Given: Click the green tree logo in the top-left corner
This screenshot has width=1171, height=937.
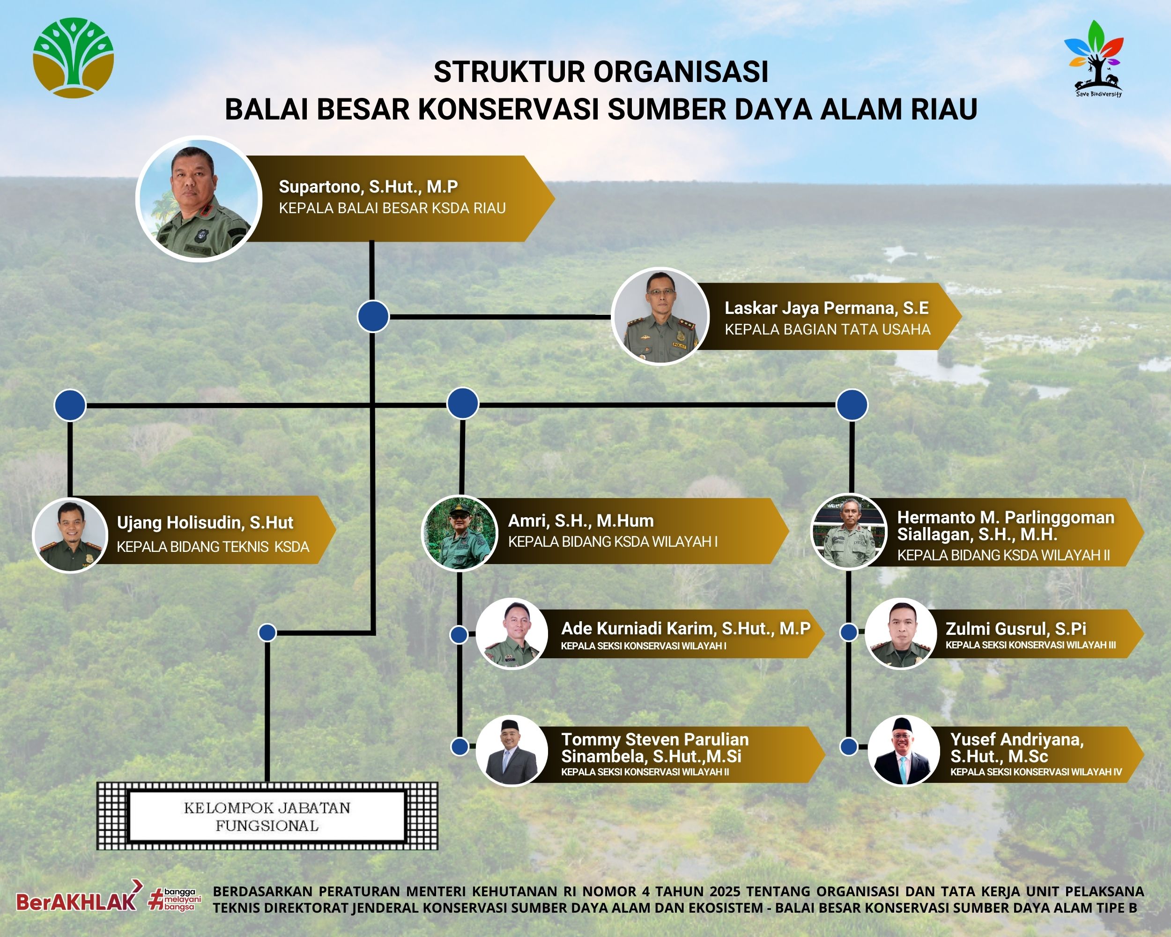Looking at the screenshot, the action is click(x=74, y=58).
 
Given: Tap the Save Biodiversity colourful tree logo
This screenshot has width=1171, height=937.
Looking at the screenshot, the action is click(x=1094, y=59).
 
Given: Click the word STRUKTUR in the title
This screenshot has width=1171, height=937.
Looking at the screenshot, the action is click(x=510, y=72).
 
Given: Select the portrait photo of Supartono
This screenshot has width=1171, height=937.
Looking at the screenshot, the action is click(x=199, y=198).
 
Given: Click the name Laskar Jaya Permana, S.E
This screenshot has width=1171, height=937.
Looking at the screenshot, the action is click(x=826, y=308).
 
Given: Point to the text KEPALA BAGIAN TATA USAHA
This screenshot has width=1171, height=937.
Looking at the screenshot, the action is click(x=827, y=329).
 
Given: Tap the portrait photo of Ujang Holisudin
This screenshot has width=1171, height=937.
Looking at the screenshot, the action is click(x=71, y=535).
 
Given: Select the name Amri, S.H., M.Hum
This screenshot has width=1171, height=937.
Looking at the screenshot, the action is click(x=581, y=521).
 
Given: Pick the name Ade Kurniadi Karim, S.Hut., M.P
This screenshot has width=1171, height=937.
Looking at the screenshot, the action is click(x=685, y=628).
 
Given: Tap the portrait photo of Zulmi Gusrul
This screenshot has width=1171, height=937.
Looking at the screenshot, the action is click(x=901, y=633).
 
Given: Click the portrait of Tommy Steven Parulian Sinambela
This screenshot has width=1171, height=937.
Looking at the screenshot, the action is click(x=512, y=750).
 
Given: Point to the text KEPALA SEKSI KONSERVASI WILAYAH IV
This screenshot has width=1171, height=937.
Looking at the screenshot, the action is click(x=1036, y=772).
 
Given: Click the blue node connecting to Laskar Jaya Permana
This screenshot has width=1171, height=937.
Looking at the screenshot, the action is click(x=373, y=316).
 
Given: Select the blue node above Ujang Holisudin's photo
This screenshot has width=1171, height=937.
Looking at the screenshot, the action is click(x=70, y=405).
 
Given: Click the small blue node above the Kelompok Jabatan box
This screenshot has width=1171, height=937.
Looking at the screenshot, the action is click(x=267, y=632).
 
